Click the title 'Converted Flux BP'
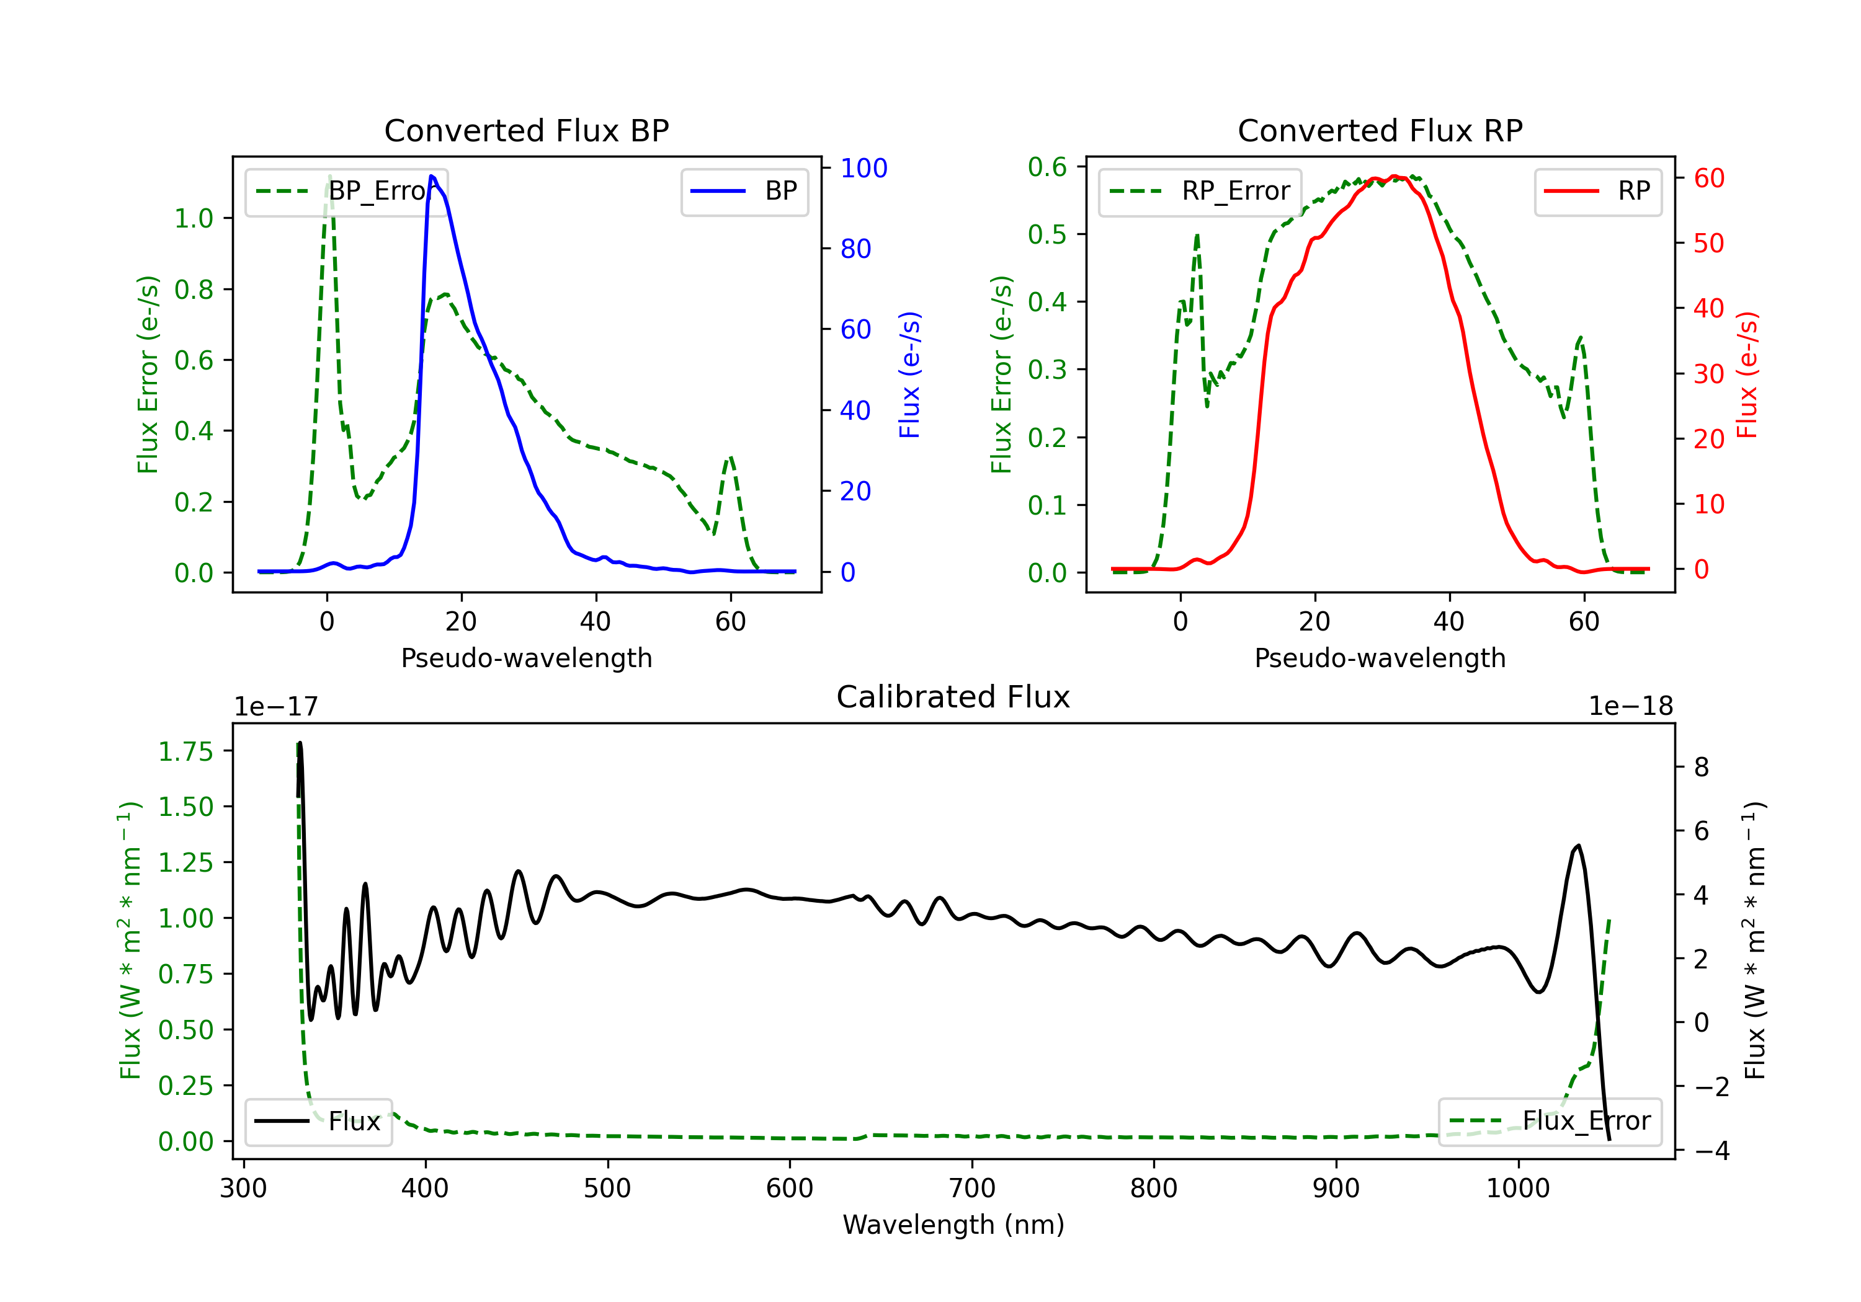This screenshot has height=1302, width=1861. click(526, 130)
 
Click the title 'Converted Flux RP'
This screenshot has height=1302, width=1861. click(1380, 130)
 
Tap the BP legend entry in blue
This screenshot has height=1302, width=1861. click(744, 191)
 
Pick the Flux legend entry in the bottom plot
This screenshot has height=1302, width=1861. click(318, 1122)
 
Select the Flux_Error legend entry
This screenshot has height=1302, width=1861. click(1550, 1122)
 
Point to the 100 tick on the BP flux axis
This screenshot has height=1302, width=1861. click(864, 168)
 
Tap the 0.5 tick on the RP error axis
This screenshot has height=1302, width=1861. click(1047, 234)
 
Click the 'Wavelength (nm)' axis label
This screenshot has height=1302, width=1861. click(953, 1224)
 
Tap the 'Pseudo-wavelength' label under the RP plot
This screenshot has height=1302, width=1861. click(1380, 658)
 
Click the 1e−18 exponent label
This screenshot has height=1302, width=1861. click(1631, 707)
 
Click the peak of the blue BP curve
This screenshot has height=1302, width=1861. click(432, 176)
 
